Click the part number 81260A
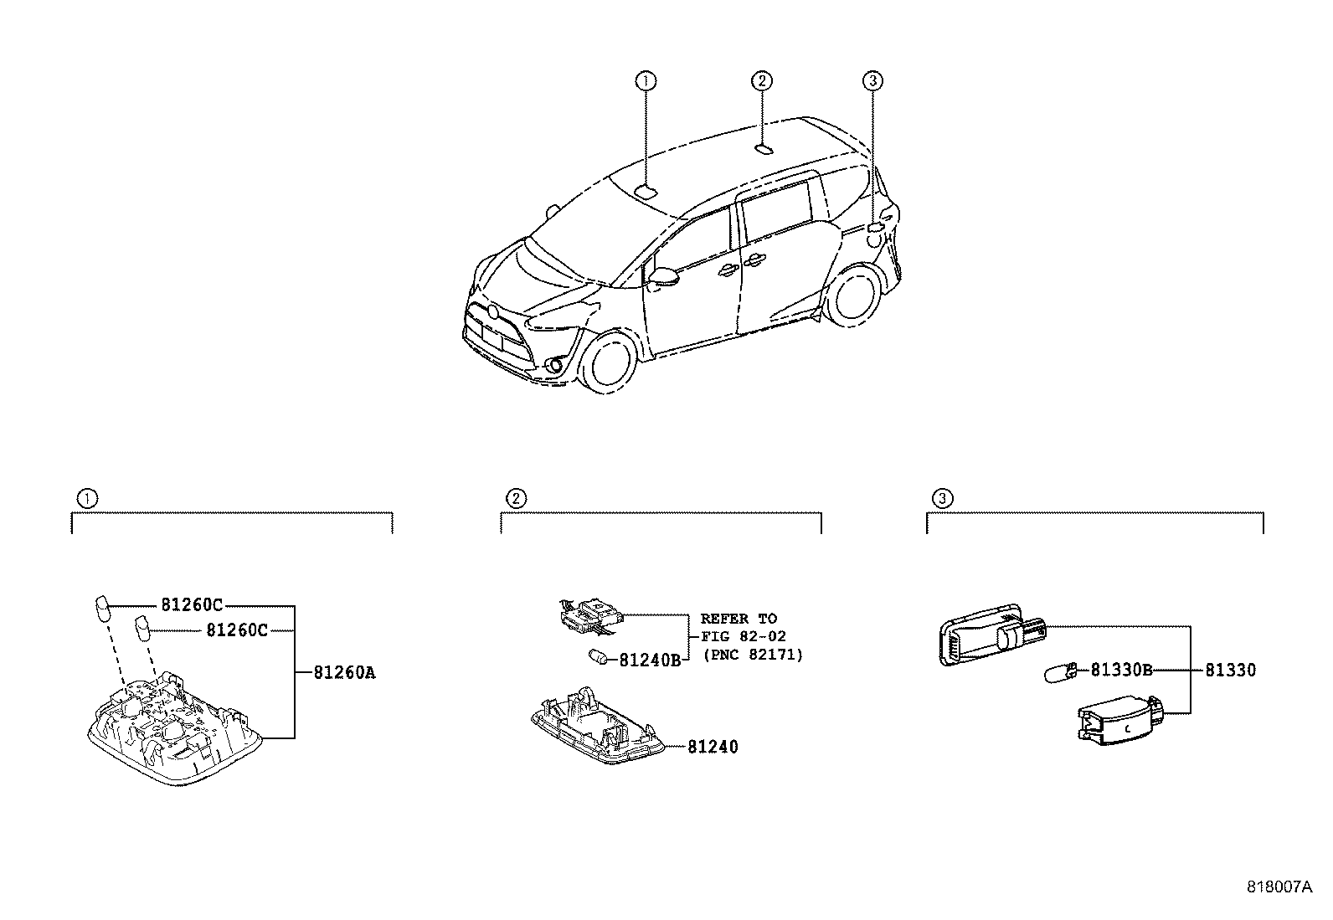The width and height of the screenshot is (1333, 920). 344,672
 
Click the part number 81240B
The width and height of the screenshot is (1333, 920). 650,660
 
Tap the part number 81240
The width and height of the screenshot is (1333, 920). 713,747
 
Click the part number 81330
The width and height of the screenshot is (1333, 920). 1230,671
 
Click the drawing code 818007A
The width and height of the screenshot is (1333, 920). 1279,888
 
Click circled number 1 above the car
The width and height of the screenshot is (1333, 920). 645,81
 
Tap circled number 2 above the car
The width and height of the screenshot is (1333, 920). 761,81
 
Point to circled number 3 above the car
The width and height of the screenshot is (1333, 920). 872,81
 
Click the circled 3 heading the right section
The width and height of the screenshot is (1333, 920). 943,499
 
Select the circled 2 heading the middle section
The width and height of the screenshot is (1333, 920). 516,499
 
